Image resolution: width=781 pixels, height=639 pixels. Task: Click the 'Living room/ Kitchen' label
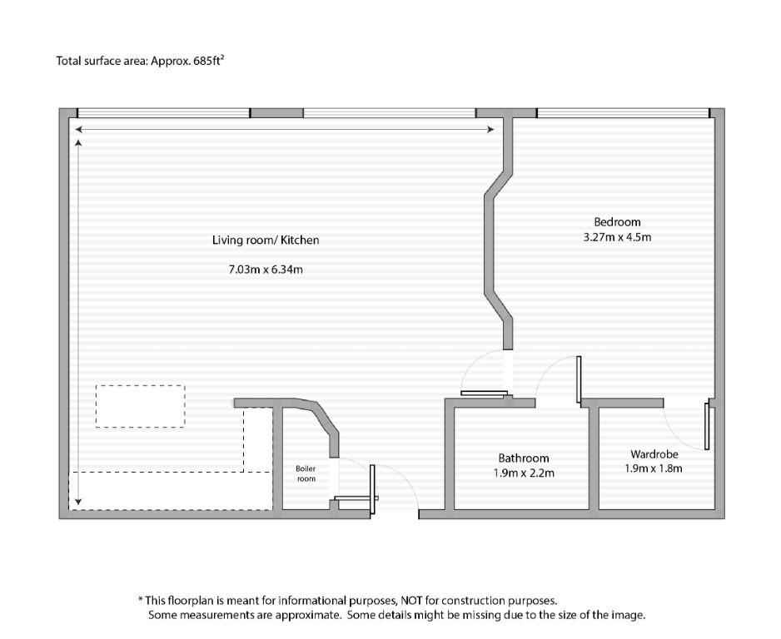pos(266,240)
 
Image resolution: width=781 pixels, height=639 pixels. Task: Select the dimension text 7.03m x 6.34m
pos(266,270)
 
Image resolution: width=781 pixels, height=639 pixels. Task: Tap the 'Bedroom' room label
pos(617,221)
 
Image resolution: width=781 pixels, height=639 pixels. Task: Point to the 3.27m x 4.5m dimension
pos(617,237)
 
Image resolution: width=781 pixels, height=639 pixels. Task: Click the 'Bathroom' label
pos(524,458)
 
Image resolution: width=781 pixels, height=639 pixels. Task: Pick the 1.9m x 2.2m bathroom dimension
pos(524,473)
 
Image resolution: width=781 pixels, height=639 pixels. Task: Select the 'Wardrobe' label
pos(654,454)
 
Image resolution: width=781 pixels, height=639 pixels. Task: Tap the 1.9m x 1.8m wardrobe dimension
pos(654,468)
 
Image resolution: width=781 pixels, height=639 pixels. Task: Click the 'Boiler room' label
pos(306,473)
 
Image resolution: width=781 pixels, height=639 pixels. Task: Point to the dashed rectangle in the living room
pos(140,405)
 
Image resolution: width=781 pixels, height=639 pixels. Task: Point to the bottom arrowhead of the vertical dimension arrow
pos(78,501)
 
